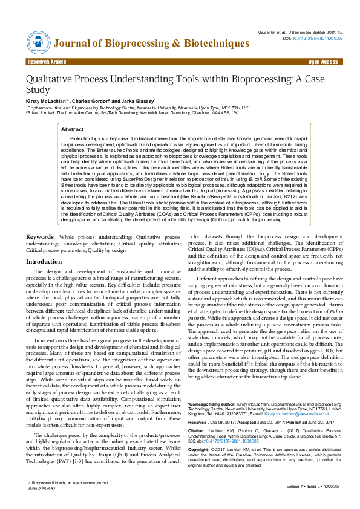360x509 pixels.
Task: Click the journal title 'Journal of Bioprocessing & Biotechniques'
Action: click(151, 44)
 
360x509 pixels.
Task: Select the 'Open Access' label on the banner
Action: click(322, 62)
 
